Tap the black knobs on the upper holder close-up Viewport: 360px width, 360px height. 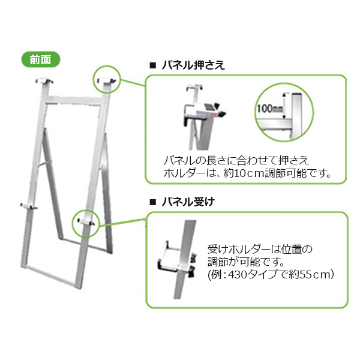[x=222, y=112]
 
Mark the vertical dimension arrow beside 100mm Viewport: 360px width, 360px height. [x=284, y=103]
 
